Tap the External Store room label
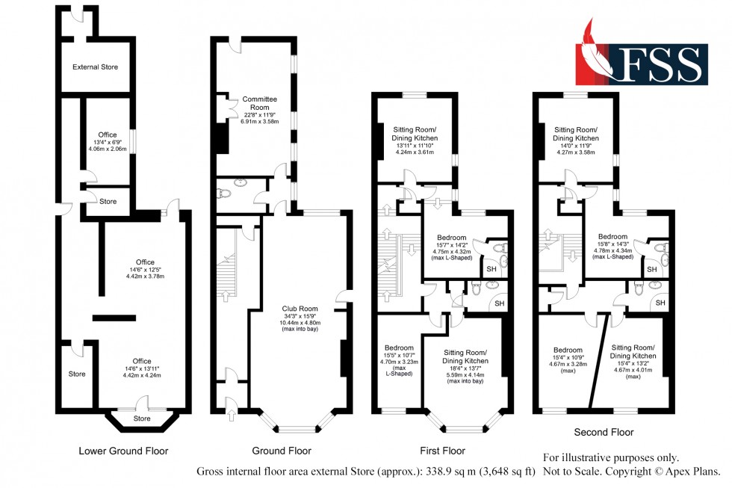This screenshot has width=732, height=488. point(95,67)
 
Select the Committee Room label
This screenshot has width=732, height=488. point(259,103)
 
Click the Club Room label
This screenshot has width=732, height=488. point(300,308)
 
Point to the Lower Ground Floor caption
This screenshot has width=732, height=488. point(123,451)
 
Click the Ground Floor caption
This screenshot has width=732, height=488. point(281,451)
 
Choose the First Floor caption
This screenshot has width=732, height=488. point(442,451)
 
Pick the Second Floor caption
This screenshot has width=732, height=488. point(604,432)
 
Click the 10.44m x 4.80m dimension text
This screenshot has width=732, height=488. point(300,323)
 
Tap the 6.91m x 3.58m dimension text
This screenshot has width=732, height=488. point(259,121)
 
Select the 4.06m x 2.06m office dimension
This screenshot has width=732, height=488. point(108,149)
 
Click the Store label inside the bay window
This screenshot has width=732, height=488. point(141,418)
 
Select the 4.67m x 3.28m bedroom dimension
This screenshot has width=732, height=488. point(568,365)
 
